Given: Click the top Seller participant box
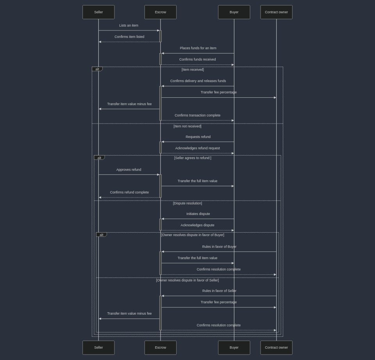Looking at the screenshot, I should point(98,12).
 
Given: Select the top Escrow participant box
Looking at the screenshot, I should point(160,12).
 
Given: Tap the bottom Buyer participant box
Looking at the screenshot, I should point(234,347).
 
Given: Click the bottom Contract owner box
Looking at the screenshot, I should point(276,347).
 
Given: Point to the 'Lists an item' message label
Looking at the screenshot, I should point(129,25).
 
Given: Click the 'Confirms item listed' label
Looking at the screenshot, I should point(129,37).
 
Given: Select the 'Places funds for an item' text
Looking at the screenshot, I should point(198,48).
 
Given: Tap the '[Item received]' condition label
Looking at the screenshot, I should point(193,70).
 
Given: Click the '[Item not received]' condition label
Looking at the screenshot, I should point(187,126).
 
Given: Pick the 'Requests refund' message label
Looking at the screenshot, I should point(198,137).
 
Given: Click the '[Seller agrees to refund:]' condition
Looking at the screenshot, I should point(193,158).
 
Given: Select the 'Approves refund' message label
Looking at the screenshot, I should point(129,170).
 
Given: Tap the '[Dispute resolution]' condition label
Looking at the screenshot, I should point(187,203).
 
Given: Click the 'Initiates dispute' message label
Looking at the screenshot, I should point(198,214).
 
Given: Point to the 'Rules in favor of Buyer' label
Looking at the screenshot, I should point(219,247).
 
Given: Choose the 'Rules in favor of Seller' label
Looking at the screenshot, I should point(219,291).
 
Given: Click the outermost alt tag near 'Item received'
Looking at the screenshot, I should point(97,69).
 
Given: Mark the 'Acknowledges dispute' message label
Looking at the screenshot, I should point(197,225).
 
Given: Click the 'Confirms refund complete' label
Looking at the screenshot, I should point(129,192).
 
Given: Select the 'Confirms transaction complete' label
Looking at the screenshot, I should point(197,115).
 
